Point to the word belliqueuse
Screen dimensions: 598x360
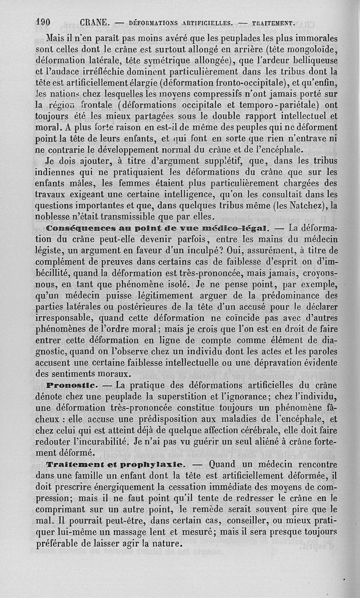[311, 60]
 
